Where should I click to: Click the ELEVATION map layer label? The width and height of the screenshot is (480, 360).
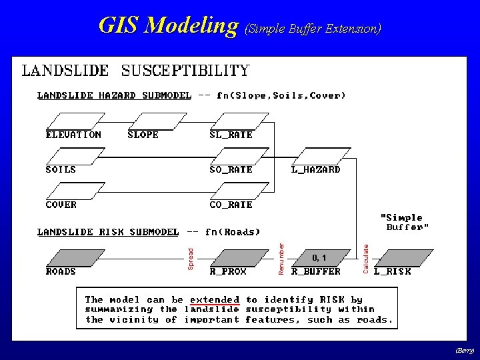click(73, 135)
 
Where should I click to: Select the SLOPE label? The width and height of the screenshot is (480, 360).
click(143, 135)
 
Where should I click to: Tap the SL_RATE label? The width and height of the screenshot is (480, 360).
click(231, 135)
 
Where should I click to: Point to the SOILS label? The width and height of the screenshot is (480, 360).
click(61, 169)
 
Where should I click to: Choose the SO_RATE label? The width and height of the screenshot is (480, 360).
click(231, 169)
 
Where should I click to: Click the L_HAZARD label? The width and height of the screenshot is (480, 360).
click(316, 169)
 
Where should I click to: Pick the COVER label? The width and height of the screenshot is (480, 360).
click(61, 205)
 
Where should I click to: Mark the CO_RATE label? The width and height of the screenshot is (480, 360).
click(231, 205)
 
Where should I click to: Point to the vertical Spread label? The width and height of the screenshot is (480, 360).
click(190, 259)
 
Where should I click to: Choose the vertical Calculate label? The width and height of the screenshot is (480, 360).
click(365, 257)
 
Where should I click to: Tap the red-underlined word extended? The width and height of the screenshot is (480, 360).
click(215, 300)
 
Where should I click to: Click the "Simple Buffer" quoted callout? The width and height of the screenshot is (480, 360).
click(405, 222)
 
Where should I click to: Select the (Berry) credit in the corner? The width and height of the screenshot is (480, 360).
click(465, 350)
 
